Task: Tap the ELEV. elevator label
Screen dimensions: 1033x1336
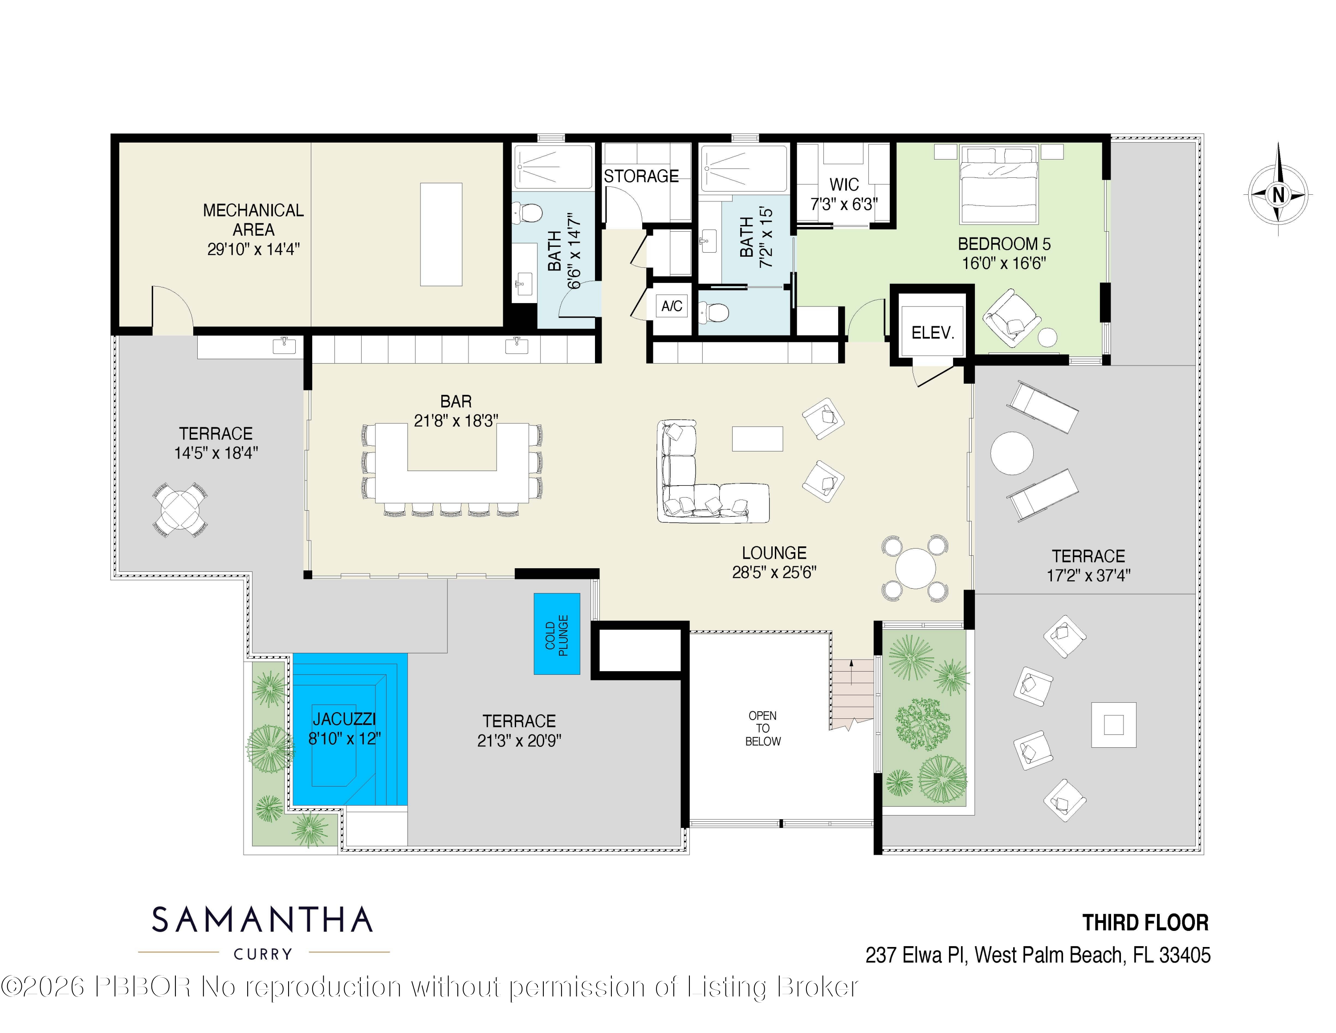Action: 932,333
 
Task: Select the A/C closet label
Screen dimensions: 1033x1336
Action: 672,306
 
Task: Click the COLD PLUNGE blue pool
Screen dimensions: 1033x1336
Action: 557,634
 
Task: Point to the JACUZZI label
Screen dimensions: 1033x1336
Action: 344,719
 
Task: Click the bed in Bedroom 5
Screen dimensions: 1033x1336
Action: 998,184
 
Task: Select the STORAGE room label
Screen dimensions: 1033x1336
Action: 641,176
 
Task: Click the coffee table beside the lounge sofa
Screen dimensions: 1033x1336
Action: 758,439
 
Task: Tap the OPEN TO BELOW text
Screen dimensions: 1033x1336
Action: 763,728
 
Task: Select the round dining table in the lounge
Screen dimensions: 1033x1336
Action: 915,568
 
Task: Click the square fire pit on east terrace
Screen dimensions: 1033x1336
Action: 1113,725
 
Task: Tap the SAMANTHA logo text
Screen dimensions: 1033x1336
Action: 262,920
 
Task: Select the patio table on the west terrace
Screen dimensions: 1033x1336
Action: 180,509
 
